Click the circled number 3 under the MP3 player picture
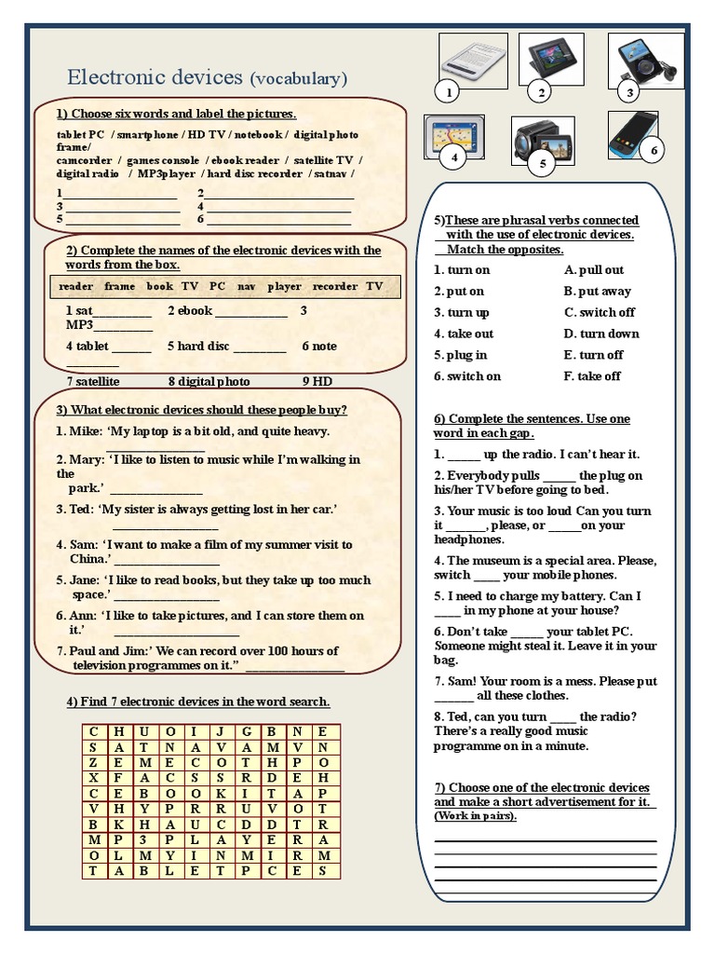pos(629,92)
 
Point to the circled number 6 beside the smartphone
pos(654,150)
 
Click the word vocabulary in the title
pos(298,79)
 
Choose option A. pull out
pos(594,269)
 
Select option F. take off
pos(592,376)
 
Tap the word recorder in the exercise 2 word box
pos(334,286)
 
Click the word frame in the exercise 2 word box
pos(119,286)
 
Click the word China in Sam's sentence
pos(88,559)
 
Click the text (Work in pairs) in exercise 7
pos(475,816)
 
